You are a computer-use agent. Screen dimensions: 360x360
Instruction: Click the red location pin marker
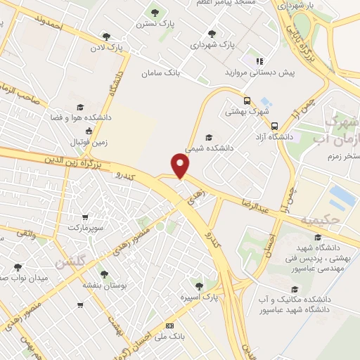tap(181, 166)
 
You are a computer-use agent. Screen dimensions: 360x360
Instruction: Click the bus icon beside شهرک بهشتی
tap(247, 100)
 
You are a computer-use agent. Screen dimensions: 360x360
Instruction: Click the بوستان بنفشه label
tap(104, 286)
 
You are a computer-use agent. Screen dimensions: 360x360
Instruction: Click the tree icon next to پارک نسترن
tap(155, 12)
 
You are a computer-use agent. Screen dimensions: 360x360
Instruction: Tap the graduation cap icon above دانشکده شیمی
tap(208, 137)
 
